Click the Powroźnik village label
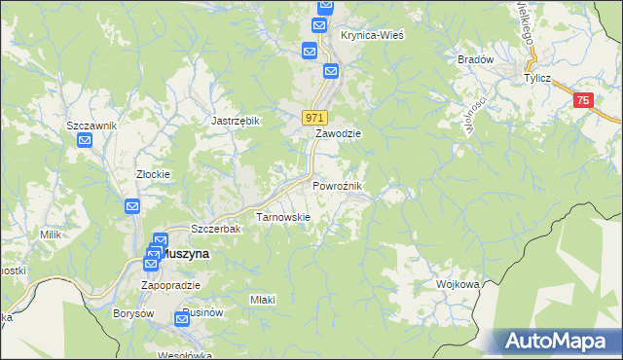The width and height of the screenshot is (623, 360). (337, 186)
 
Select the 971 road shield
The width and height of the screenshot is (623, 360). (313, 118)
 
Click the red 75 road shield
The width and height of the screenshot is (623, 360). (582, 100)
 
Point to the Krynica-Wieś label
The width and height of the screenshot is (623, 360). (372, 34)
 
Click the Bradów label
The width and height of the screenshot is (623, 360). (476, 59)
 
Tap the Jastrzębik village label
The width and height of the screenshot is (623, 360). (236, 121)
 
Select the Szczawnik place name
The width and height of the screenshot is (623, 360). (92, 126)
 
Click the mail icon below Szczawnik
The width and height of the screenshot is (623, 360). (85, 141)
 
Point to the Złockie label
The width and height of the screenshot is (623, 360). (153, 175)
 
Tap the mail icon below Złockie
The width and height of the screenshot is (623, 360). (132, 206)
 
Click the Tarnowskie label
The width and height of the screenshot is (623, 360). (282, 217)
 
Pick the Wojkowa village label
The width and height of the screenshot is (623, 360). (459, 285)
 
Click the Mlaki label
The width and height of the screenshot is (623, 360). (263, 300)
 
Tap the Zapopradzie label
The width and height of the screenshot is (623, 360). (170, 285)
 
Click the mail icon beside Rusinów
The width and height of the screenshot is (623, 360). (183, 318)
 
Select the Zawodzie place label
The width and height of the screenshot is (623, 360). (338, 134)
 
